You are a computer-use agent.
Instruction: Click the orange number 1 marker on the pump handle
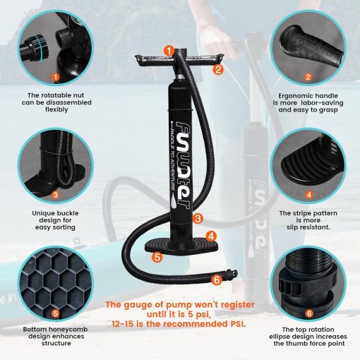pos(169,51)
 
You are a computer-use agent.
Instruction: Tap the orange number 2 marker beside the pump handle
pos(218,70)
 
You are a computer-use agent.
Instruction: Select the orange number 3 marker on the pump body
pos(198,219)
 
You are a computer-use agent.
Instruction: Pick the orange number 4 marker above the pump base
pos(211,236)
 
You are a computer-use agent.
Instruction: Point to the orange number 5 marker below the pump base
pos(157,257)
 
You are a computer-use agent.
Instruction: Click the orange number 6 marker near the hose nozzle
pos(217,280)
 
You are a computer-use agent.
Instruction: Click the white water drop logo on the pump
pos(173,201)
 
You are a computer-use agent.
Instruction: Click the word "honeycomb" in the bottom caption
pos(70,330)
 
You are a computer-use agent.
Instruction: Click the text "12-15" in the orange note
pos(123,324)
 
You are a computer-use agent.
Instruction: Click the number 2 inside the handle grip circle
pos(308,77)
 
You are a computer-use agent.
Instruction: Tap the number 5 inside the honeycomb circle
pos(56,313)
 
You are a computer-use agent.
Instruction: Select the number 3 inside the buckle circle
pos(56,195)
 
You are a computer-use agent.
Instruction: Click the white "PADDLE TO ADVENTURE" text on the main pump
pos(172,157)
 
